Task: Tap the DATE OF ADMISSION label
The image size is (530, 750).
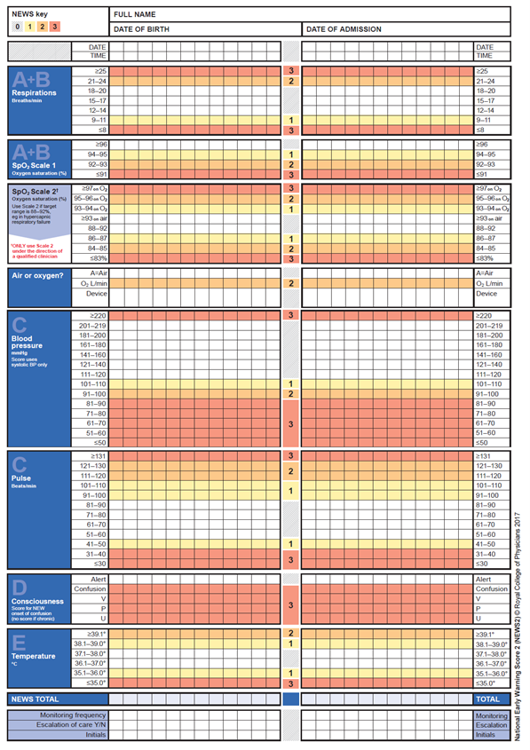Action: click(x=344, y=29)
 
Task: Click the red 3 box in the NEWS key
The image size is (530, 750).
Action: click(x=55, y=27)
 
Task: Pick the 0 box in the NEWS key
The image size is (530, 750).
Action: click(x=18, y=27)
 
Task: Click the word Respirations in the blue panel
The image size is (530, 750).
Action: click(x=34, y=92)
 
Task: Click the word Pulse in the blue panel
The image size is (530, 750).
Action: click(x=23, y=479)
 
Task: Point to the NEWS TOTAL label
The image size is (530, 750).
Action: click(x=37, y=699)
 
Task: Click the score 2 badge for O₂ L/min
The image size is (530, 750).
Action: click(x=290, y=283)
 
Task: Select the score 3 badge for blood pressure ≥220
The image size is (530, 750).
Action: click(x=290, y=315)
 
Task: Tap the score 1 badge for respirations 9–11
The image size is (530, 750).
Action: click(x=290, y=120)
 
